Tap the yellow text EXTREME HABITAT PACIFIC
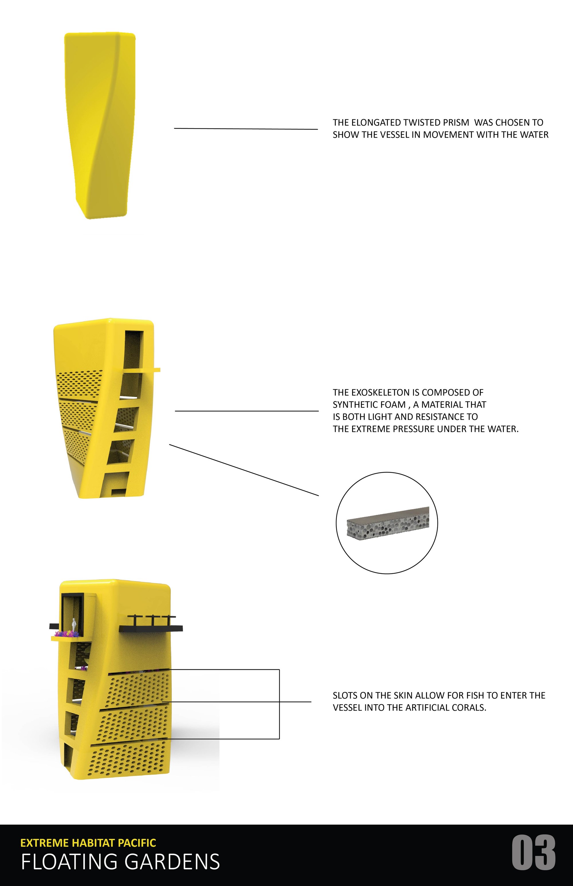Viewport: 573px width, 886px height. point(88,843)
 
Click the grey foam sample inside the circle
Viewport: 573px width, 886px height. point(388,522)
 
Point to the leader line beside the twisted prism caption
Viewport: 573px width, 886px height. point(246,129)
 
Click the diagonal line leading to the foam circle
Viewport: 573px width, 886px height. point(244,470)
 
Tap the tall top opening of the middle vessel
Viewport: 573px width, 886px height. point(133,349)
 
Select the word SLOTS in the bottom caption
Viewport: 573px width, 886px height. point(345,695)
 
